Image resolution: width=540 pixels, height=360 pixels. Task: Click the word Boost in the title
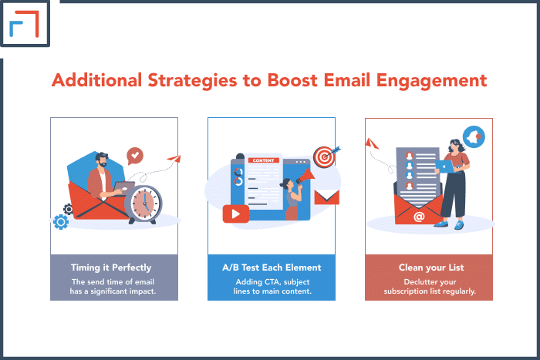coord(292,80)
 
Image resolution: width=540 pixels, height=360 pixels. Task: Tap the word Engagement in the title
coord(431,81)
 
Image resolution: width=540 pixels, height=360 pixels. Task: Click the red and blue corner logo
coord(24,24)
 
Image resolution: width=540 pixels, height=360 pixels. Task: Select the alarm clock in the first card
coord(143,204)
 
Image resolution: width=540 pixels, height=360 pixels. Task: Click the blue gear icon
coord(61,222)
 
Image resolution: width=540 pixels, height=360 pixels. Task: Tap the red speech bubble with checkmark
coord(135,156)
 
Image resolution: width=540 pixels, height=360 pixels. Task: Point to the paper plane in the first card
coord(174,159)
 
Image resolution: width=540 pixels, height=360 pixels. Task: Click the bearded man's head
coord(101,160)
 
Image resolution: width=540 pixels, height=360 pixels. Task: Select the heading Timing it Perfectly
coord(111,267)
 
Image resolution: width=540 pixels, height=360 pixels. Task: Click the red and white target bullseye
coord(324,157)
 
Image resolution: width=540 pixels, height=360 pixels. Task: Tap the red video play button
coord(236,214)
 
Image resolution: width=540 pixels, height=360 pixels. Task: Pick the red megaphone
coord(305,176)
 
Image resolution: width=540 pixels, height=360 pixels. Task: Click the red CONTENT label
coord(264,160)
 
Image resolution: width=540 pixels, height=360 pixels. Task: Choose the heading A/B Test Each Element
coord(272,267)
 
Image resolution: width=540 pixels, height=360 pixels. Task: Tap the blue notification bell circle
coord(474,136)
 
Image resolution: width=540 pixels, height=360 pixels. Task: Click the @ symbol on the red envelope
coord(419,217)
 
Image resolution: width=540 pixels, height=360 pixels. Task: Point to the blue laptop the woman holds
coord(445,167)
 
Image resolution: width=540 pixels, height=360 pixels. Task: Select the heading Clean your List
coord(431,267)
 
